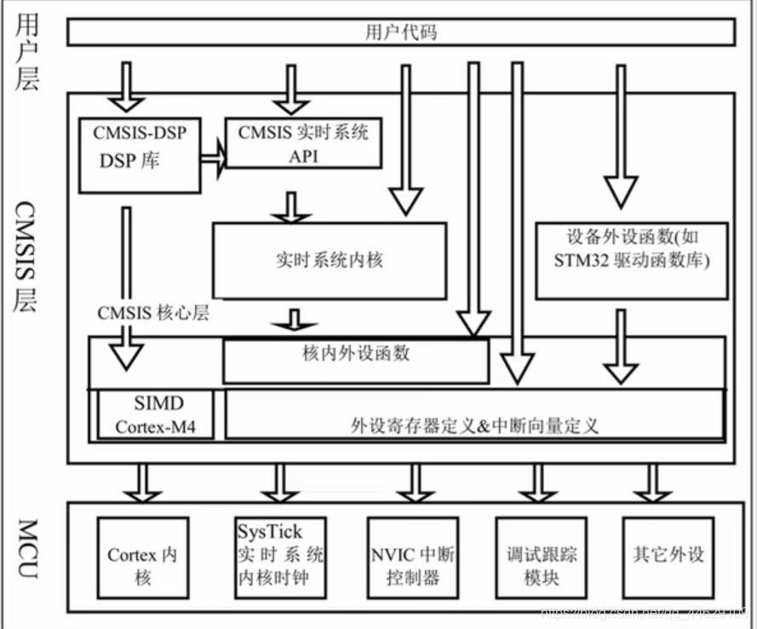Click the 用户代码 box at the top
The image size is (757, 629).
(400, 33)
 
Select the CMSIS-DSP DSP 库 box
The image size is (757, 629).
(138, 153)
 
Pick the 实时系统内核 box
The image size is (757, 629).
(330, 260)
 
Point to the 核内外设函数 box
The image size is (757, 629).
(356, 359)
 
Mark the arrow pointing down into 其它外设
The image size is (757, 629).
(653, 483)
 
